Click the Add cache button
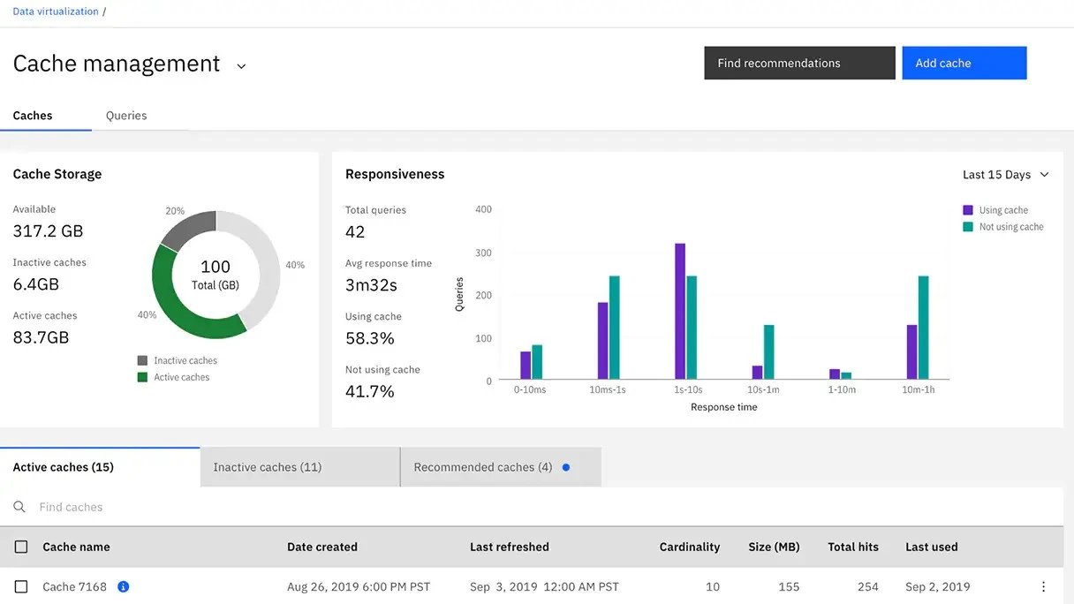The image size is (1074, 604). point(964,64)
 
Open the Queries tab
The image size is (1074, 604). point(126,116)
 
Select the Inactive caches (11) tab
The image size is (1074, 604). point(299,467)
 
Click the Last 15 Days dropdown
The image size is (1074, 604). point(1006,175)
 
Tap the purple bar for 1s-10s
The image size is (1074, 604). point(680,312)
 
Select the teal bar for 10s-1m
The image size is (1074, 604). point(768,352)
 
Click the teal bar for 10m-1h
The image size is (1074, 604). point(923,328)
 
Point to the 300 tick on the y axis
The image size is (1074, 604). point(483,253)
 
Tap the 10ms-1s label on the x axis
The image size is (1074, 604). point(608,389)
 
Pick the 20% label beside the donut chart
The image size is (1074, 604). point(175,211)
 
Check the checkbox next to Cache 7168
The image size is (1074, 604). point(21,586)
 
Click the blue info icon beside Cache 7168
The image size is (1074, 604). point(124,586)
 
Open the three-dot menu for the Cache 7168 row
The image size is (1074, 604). point(1043,586)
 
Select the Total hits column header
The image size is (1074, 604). point(852,547)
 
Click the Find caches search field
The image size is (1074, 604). point(265,507)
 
